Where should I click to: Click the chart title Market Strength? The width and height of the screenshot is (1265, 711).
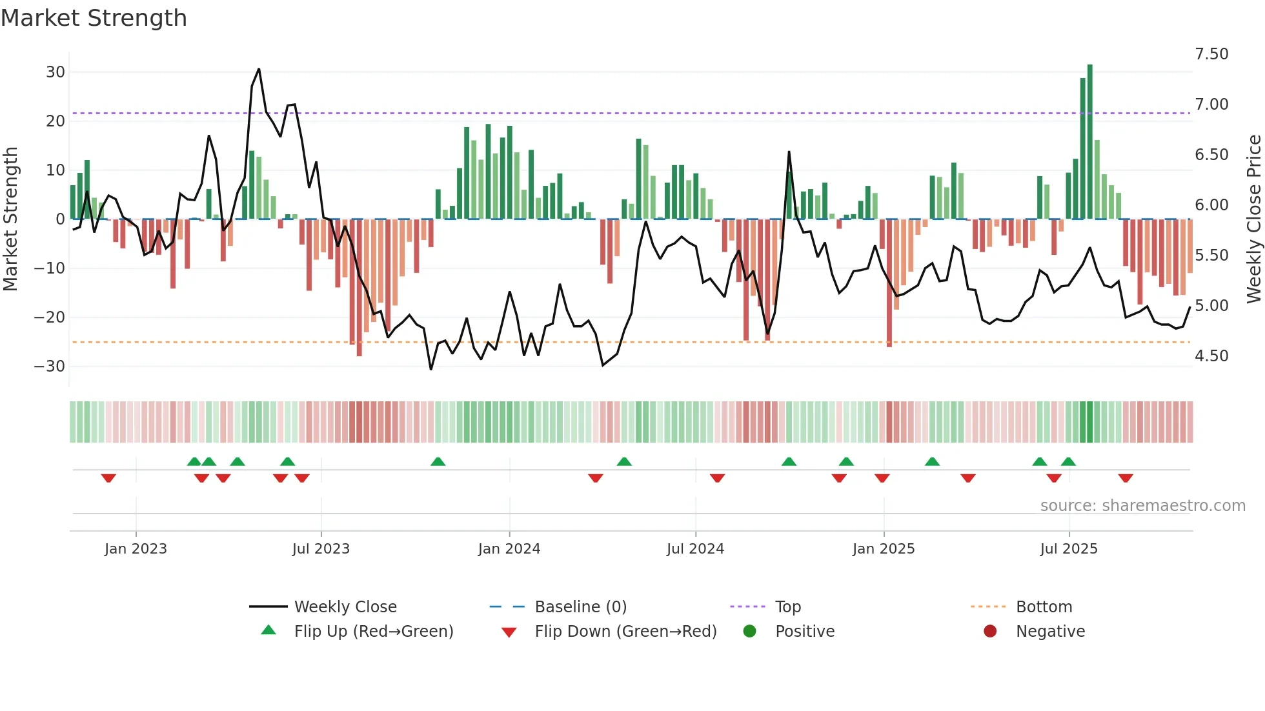click(94, 18)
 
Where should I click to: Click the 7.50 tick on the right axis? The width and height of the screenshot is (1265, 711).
click(1211, 54)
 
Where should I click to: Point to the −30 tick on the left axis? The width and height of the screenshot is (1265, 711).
click(50, 366)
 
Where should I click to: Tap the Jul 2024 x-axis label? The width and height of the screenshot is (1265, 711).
click(695, 549)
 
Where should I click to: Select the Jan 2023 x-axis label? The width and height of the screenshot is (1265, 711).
click(136, 549)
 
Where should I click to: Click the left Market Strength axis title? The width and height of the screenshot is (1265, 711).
click(11, 219)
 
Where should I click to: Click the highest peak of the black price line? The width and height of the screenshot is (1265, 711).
click(259, 70)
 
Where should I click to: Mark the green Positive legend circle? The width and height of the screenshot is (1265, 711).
click(749, 632)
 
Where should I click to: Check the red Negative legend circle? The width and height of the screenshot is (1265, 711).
click(990, 632)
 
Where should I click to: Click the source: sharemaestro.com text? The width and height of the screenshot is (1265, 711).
click(1142, 506)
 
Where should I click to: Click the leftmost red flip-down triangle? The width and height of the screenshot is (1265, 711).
click(108, 478)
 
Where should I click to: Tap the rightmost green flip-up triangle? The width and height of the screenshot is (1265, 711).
click(1068, 461)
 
